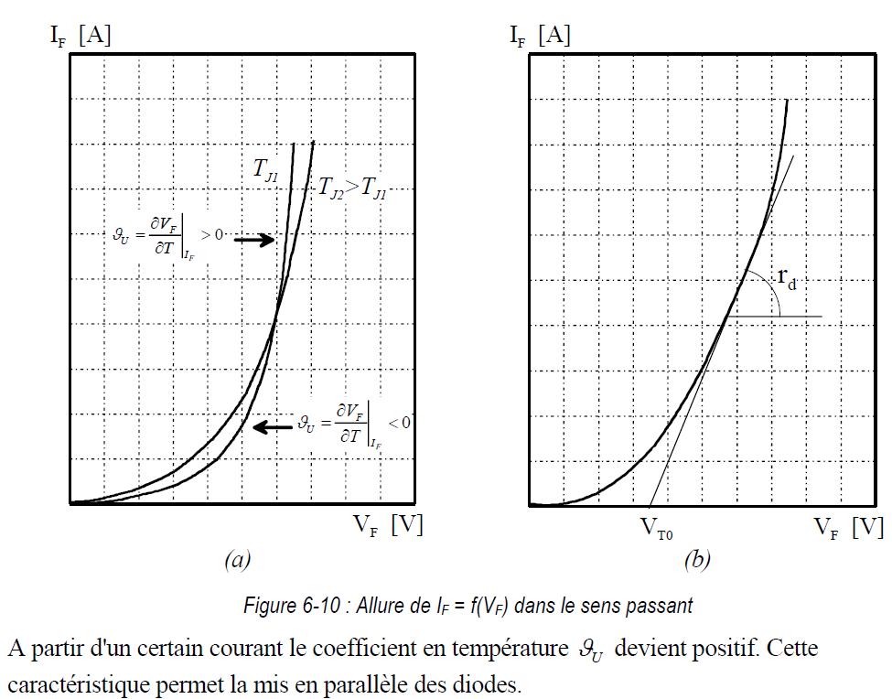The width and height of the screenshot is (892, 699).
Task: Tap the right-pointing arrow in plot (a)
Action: tap(254, 240)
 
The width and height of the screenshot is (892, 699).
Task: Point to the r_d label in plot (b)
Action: tap(786, 278)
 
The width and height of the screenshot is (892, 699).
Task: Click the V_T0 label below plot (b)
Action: tap(657, 532)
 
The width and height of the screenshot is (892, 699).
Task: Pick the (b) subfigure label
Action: tap(696, 560)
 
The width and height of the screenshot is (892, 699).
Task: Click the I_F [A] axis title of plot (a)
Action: tap(81, 37)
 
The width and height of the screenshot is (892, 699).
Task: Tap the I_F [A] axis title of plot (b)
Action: tap(540, 37)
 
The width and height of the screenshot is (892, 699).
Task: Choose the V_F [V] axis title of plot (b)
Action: tap(848, 527)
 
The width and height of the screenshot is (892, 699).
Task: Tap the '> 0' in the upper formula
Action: tap(213, 235)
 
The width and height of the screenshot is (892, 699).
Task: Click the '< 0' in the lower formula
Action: tap(399, 422)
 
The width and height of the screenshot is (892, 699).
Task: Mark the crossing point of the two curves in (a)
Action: tap(275, 320)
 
